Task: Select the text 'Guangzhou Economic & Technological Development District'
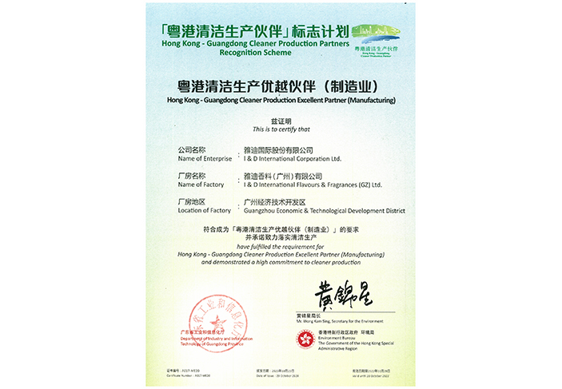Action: pyautogui.click(x=317, y=211)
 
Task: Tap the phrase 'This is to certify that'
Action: pyautogui.click(x=281, y=129)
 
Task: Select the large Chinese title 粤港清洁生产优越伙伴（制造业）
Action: pyautogui.click(x=281, y=85)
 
